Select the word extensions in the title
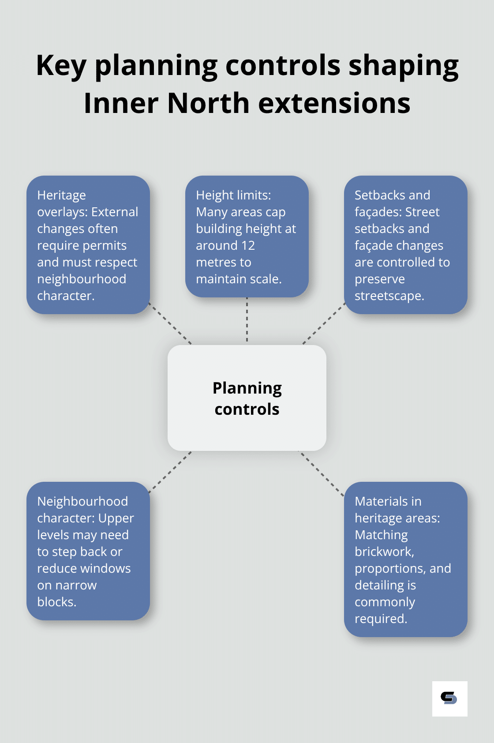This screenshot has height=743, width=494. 334,104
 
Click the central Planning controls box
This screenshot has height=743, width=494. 247,398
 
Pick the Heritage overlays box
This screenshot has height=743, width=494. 88,245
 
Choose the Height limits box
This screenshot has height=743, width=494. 247,236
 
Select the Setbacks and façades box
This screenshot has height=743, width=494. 405,245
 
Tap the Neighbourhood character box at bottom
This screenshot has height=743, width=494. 88,551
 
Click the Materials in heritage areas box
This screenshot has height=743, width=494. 405,559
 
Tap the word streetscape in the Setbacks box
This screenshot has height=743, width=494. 389,296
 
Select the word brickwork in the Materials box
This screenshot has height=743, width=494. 384,552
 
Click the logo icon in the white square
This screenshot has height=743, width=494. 449,698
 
